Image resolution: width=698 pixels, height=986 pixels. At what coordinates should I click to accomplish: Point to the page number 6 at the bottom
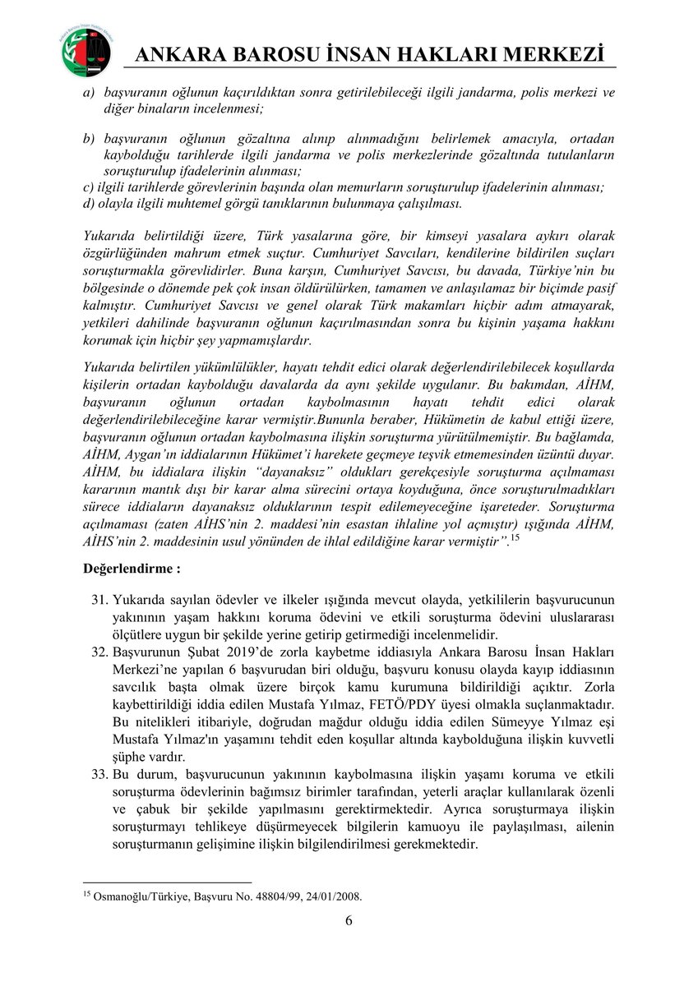[349, 919]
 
